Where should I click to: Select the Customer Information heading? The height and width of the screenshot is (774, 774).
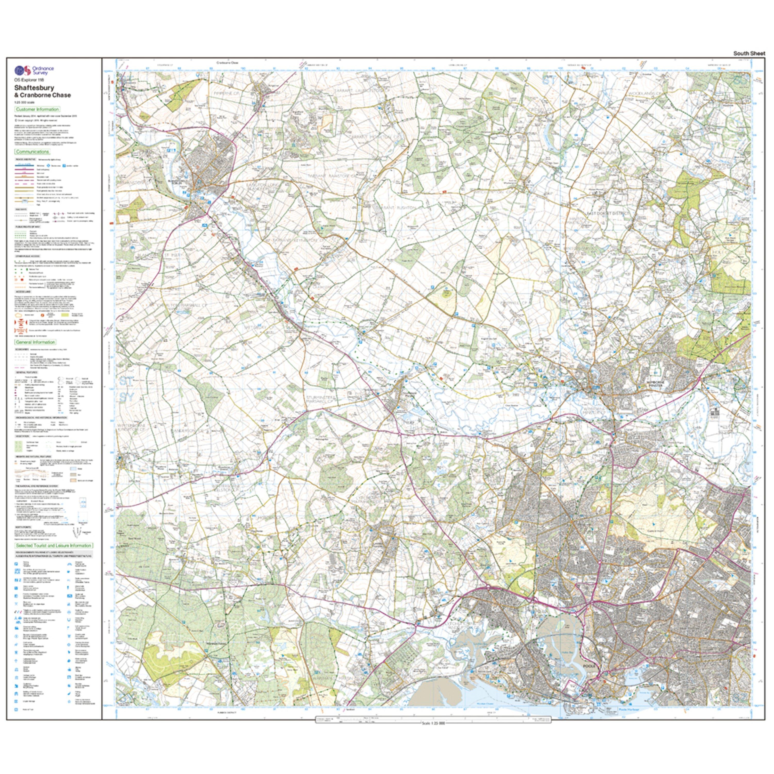click(x=37, y=109)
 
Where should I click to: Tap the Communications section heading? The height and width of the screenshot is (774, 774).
click(x=33, y=151)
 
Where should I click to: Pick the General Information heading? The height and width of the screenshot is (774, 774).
click(x=35, y=342)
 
